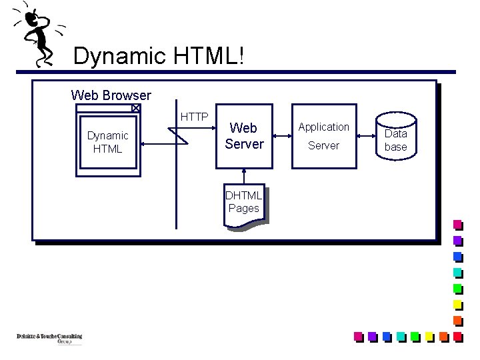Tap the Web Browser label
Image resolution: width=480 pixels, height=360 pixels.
point(111,96)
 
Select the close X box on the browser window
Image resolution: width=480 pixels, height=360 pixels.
point(135,107)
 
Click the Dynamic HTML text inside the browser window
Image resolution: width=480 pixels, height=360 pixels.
point(107,142)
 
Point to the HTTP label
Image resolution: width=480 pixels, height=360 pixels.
point(194,117)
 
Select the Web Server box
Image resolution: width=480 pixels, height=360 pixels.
point(244,135)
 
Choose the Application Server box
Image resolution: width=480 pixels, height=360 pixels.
point(323,135)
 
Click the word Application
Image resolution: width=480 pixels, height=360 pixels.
point(323,127)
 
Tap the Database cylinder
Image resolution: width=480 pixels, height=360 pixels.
point(395,137)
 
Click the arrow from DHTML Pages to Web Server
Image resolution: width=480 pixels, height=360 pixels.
point(244,175)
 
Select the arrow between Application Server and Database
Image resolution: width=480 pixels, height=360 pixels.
point(365,135)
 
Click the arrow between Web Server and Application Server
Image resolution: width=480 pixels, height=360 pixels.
point(283,135)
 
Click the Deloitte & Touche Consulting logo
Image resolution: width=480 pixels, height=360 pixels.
point(49,338)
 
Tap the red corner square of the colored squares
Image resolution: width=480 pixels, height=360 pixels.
point(457,337)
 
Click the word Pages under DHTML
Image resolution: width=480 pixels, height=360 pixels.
point(243,208)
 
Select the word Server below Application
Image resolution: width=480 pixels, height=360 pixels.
point(323,145)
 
